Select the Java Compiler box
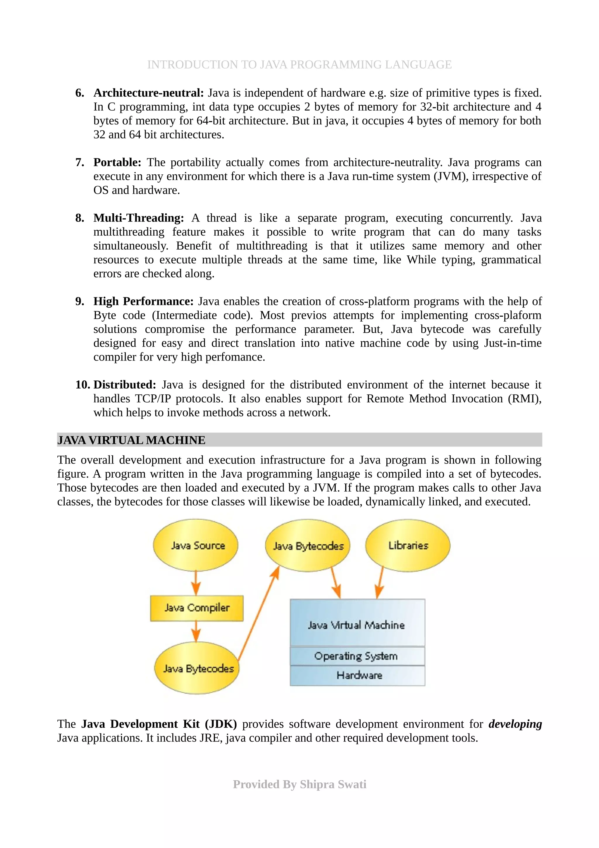[x=197, y=608]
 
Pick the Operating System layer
[x=357, y=656]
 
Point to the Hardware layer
[x=357, y=676]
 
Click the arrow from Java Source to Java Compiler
[x=196, y=583]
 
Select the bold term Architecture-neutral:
[x=148, y=93]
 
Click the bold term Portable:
[x=117, y=162]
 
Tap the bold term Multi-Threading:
[x=138, y=218]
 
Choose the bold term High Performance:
[x=143, y=301]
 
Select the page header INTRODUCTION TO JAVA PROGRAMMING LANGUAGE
[x=299, y=65]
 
